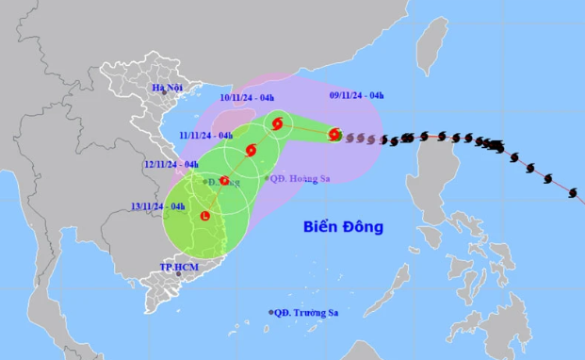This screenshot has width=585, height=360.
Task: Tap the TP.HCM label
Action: click(x=176, y=267)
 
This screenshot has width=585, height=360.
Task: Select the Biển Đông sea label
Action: click(x=343, y=227)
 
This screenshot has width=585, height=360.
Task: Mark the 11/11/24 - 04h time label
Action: click(x=205, y=135)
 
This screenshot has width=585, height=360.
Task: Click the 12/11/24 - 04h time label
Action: click(x=171, y=164)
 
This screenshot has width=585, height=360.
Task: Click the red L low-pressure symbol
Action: click(x=203, y=218)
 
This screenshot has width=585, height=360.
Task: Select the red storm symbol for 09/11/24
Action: click(x=334, y=135)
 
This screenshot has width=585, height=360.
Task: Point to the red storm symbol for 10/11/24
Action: click(x=277, y=123)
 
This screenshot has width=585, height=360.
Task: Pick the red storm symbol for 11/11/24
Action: click(x=251, y=150)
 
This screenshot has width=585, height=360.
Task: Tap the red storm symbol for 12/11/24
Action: click(x=224, y=180)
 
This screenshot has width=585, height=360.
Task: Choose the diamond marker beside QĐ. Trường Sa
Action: click(x=271, y=312)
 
